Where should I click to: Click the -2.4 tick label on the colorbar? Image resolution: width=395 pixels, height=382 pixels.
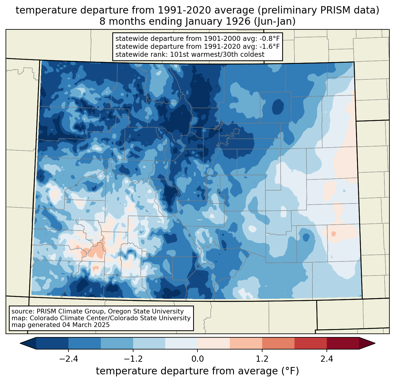point(68,359)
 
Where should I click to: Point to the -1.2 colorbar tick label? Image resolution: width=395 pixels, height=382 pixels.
point(133,359)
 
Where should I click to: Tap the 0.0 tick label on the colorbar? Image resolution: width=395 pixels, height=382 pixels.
point(197,359)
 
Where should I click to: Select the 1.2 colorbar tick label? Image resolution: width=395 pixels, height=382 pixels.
point(262,359)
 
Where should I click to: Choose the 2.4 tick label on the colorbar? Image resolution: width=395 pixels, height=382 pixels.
point(327,359)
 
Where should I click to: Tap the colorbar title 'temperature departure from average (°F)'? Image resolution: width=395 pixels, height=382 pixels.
point(197,371)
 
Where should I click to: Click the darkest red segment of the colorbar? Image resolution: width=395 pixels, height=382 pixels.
point(343,343)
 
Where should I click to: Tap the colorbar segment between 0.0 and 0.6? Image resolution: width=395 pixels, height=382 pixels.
point(214,343)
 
